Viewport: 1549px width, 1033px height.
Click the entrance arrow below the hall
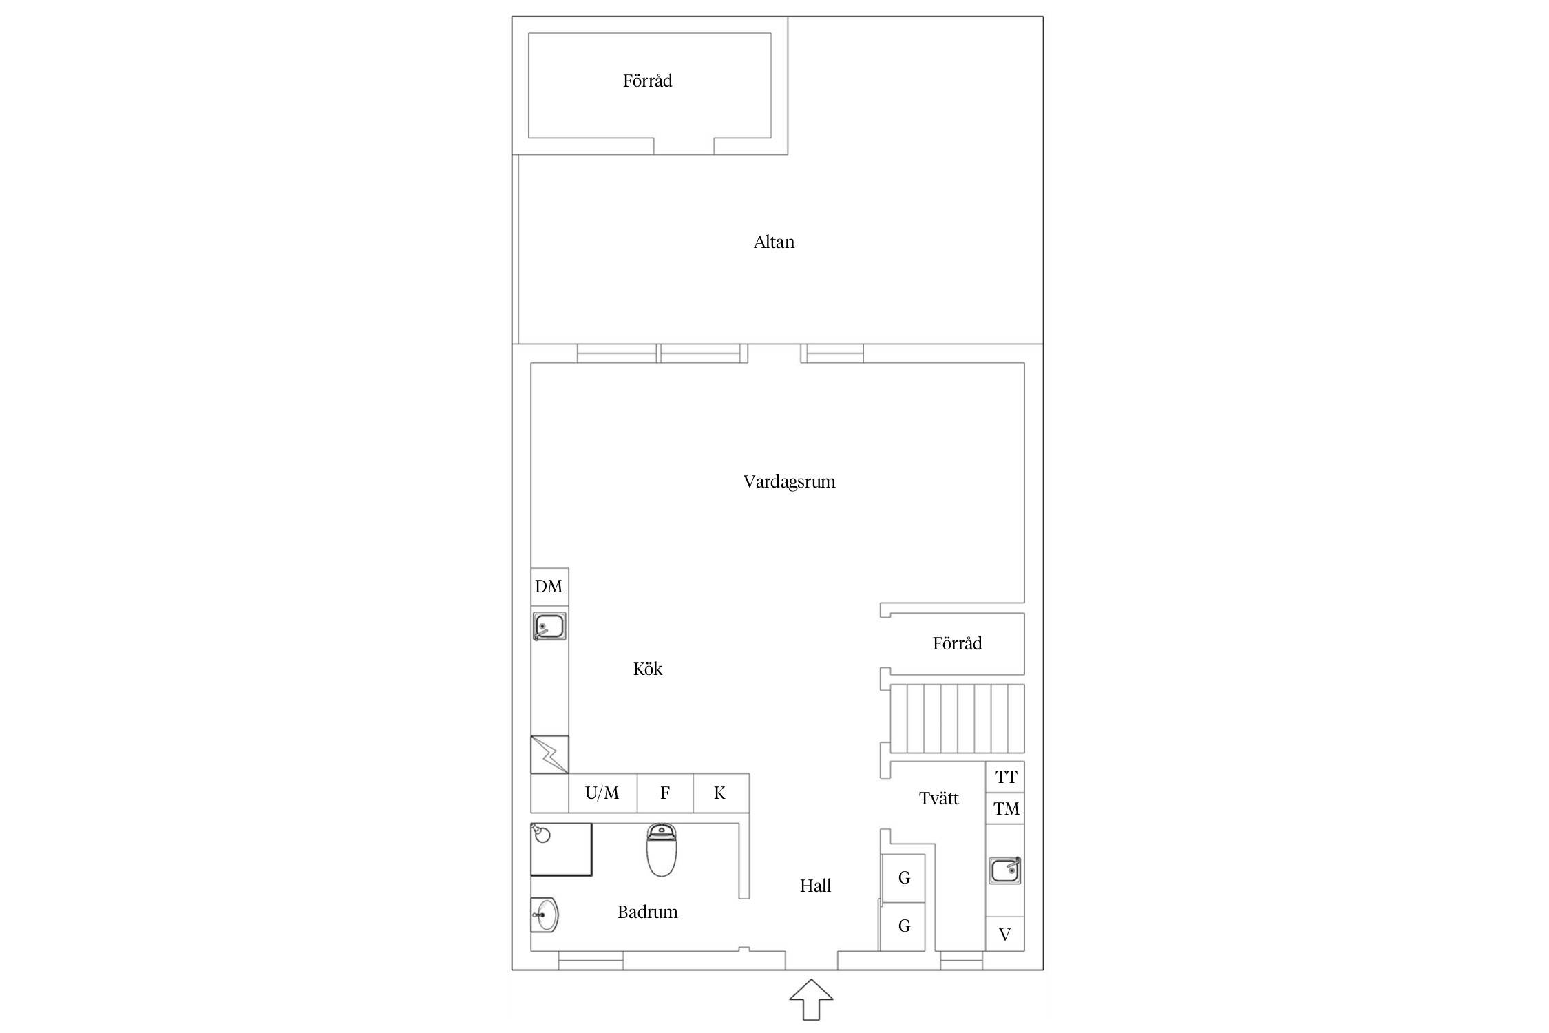(x=811, y=999)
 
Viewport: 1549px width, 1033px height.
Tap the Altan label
(x=774, y=242)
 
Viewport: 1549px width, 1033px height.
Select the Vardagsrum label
(x=789, y=481)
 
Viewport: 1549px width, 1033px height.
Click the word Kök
(x=648, y=669)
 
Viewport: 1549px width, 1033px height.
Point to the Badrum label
(x=647, y=912)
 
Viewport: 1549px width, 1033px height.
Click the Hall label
(x=815, y=886)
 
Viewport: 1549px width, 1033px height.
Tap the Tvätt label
(x=938, y=798)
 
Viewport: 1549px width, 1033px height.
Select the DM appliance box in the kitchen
(x=549, y=587)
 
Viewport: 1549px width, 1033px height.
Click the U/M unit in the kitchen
(x=602, y=793)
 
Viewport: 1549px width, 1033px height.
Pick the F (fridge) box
(x=665, y=793)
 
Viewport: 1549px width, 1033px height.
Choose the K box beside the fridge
(x=721, y=793)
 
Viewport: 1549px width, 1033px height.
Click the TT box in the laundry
(x=1005, y=778)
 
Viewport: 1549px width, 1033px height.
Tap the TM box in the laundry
(x=1005, y=808)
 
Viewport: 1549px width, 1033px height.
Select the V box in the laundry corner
(x=1005, y=935)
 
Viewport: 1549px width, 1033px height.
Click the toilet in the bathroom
(x=662, y=850)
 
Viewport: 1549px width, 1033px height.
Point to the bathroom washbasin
(x=545, y=915)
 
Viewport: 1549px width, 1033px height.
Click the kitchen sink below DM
(x=549, y=627)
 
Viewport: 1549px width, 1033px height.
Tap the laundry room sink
(x=1005, y=870)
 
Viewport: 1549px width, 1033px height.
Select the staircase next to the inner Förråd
(x=958, y=718)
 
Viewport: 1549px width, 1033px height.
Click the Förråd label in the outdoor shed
(x=647, y=81)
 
